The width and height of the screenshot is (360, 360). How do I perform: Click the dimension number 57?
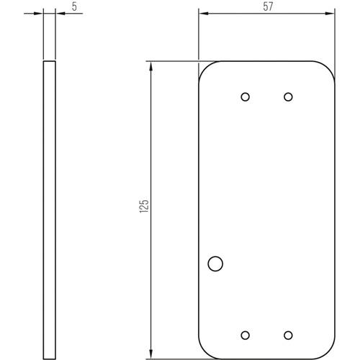(268, 6)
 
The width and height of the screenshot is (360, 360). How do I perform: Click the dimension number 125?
(144, 206)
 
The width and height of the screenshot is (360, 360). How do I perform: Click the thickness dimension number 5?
(74, 6)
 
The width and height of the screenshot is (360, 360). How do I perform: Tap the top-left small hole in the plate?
(245, 97)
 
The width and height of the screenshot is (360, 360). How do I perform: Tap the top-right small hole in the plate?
(288, 97)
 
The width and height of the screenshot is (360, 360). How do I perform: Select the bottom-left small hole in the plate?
(245, 335)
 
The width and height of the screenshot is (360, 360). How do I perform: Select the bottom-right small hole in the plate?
(288, 335)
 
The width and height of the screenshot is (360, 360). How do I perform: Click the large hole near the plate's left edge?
(215, 264)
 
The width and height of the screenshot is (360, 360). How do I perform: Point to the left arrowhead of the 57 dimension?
(204, 14)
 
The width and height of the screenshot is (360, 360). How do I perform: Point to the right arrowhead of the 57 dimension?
(330, 14)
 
